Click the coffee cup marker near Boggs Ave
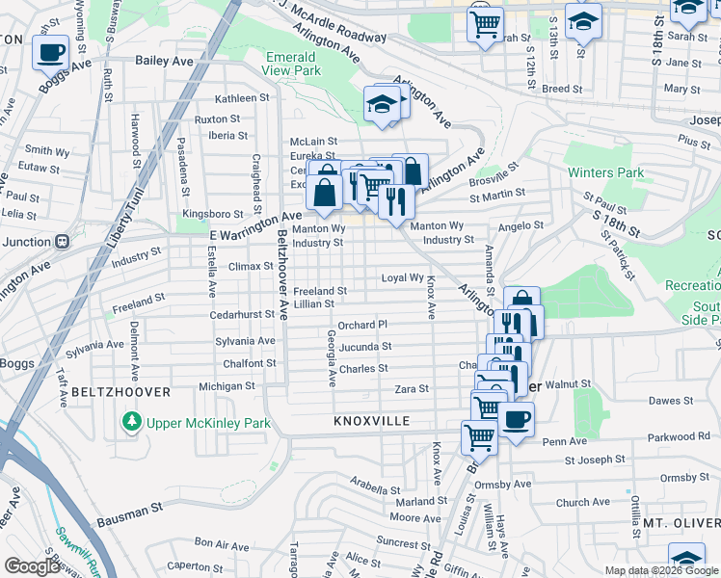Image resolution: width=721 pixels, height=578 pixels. tap(50, 53)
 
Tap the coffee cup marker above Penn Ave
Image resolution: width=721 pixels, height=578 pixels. tap(516, 420)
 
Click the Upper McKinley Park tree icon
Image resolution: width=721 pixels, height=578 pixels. tap(129, 422)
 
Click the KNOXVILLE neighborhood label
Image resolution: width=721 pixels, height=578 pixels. tap(372, 422)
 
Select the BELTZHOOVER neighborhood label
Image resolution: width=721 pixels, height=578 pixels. tap(120, 392)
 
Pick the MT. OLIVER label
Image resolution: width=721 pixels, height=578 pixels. tap(682, 523)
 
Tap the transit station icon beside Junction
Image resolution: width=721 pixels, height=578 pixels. tap(62, 241)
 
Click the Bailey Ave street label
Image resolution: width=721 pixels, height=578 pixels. tap(165, 61)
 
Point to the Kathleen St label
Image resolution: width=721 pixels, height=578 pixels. tap(242, 98)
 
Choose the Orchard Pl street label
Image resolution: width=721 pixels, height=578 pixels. tap(362, 325)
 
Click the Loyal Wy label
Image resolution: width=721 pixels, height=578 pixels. tap(403, 277)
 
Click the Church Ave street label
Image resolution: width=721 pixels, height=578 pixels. tap(583, 502)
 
